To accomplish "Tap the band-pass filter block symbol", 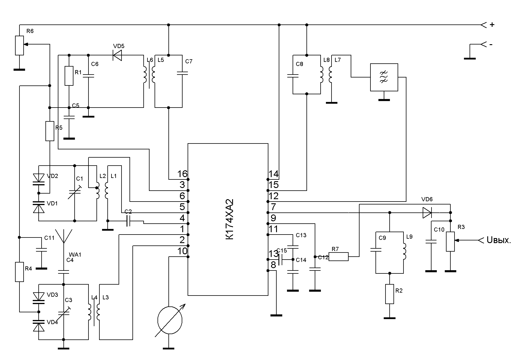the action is click(x=384, y=77).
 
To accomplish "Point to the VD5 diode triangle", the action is click(x=117, y=55).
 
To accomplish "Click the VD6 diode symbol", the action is click(x=427, y=212).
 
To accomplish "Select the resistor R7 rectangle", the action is click(x=339, y=257).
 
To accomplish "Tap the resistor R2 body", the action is click(x=390, y=294).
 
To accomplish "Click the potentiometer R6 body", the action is click(x=19, y=45).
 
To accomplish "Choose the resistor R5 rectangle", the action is click(x=50, y=131).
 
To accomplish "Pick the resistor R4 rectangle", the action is click(x=19, y=272).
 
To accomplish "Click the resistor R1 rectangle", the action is click(x=69, y=76).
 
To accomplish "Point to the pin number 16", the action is click(x=182, y=174).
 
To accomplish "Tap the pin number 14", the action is click(x=273, y=174).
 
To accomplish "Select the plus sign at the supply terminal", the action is click(x=492, y=25).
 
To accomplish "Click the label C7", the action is click(x=189, y=61).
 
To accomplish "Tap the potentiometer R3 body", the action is click(x=450, y=242).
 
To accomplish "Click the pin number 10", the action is click(x=182, y=251).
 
